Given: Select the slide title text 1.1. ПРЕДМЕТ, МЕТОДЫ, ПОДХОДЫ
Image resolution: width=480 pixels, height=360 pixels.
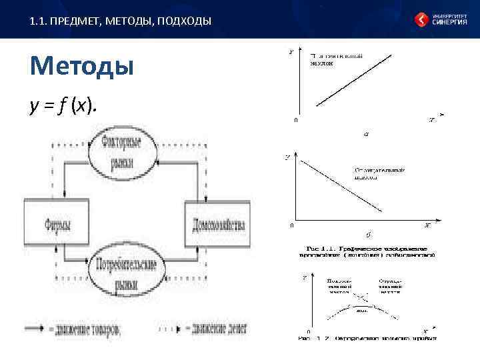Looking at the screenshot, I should pos(121,21).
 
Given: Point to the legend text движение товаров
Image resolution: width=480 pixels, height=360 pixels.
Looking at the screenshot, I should pos(90,329).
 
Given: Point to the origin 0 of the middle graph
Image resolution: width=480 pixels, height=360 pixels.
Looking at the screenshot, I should pos(291,225).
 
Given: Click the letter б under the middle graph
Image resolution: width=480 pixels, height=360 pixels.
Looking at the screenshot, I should pos(369,235).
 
